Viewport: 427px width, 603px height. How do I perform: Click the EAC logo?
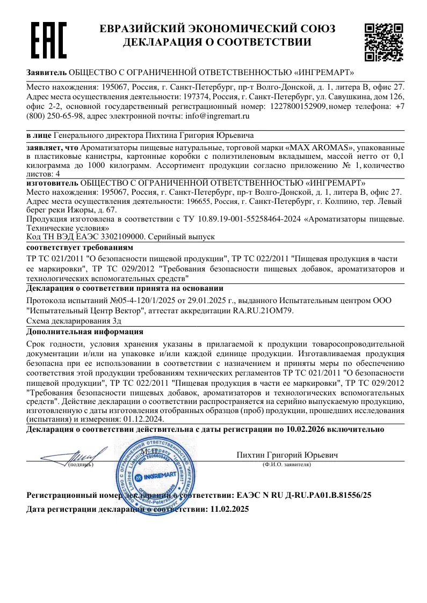[48, 40]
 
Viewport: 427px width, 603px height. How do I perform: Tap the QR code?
[383, 42]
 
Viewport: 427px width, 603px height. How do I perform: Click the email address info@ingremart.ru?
[218, 116]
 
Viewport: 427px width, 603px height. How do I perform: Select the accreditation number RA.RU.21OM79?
[263, 311]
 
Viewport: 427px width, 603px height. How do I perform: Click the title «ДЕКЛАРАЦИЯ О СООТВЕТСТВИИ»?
[218, 42]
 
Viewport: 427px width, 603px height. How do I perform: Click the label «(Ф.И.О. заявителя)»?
[287, 465]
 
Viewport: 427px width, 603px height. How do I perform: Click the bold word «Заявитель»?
[47, 72]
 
